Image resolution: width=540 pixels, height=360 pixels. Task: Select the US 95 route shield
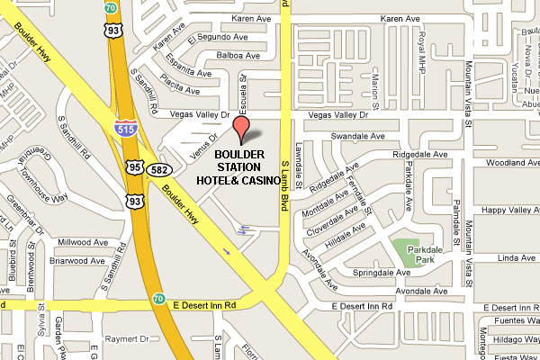click(x=134, y=167)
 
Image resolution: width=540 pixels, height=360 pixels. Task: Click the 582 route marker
click(x=157, y=168)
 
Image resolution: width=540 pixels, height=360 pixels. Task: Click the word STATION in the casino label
click(x=239, y=167)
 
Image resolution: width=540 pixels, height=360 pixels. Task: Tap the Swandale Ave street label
click(x=357, y=135)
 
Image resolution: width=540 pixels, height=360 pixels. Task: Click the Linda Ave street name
click(x=516, y=258)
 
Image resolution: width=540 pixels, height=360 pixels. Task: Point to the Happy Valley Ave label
click(x=509, y=210)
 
